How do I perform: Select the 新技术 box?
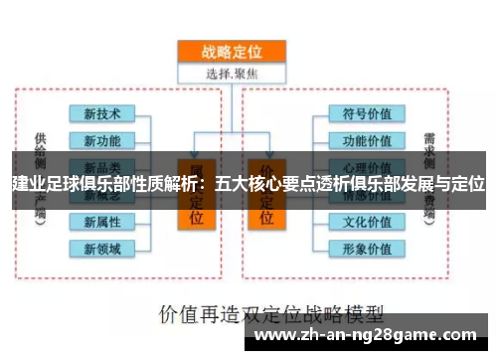point(102,113)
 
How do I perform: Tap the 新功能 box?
point(102,140)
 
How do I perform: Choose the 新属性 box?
point(102,221)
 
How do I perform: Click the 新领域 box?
point(102,248)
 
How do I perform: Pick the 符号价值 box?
point(367,113)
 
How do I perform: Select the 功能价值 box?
point(367,140)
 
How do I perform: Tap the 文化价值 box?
point(367,221)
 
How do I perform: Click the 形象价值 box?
point(367,248)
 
